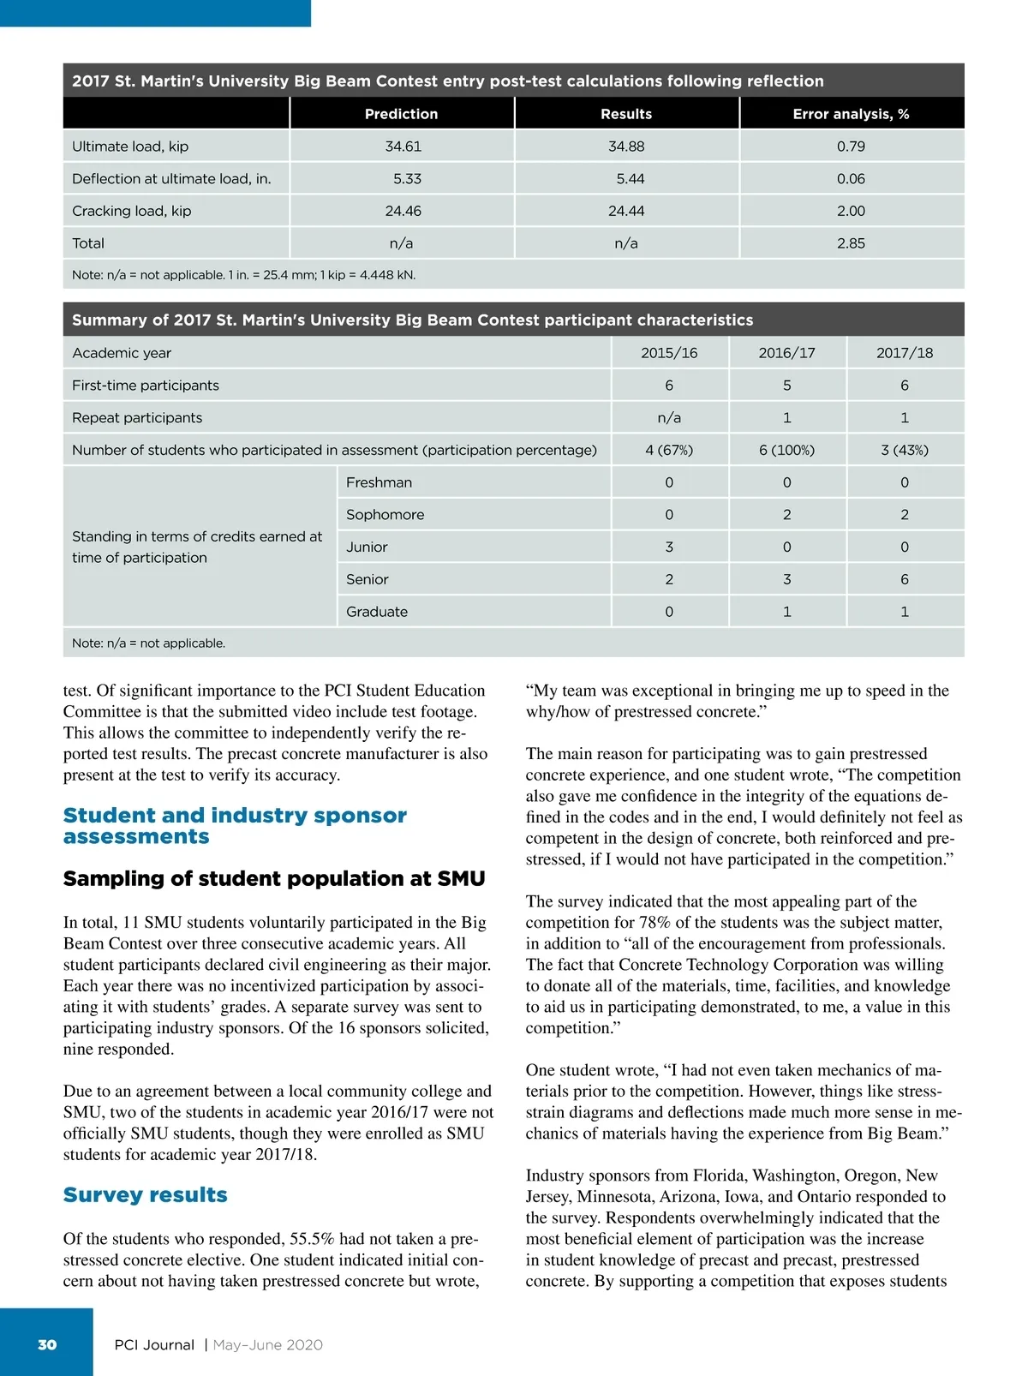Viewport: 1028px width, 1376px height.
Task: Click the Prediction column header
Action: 401,114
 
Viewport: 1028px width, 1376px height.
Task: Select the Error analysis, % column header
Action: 851,114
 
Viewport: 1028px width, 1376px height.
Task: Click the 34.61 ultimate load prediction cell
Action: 403,147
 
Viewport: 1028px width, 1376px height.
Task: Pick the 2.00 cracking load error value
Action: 851,211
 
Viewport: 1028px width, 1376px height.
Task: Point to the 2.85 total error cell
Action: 851,243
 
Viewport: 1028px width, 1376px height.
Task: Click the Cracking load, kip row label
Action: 132,211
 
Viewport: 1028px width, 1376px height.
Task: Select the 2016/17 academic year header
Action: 786,353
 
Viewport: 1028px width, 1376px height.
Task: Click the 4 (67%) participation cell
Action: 669,450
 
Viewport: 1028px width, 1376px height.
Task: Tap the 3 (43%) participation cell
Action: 905,450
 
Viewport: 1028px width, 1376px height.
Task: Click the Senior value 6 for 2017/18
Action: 905,579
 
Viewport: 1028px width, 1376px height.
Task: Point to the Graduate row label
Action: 377,612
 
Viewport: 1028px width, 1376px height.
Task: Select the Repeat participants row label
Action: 137,418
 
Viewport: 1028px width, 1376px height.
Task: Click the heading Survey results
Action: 146,1195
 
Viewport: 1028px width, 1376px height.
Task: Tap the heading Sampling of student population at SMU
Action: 274,879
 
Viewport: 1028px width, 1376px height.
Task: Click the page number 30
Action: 47,1344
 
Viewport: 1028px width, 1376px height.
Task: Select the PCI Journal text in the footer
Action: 154,1345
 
